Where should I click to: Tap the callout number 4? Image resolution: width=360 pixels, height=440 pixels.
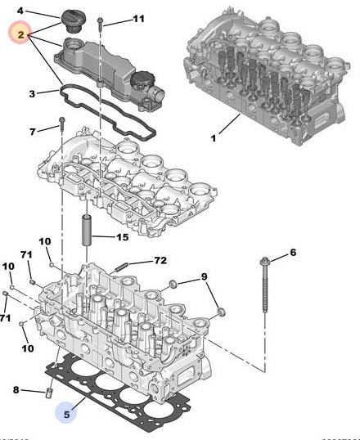point(21,11)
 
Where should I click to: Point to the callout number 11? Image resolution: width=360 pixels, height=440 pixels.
point(137,18)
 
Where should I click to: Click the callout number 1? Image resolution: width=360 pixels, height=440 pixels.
point(214,138)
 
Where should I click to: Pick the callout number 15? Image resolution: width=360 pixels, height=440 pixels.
point(122,238)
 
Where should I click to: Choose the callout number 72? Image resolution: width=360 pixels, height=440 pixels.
point(160,261)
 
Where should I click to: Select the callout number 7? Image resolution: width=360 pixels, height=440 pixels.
point(33,131)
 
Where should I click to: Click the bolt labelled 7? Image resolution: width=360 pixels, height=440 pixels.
point(62,124)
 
